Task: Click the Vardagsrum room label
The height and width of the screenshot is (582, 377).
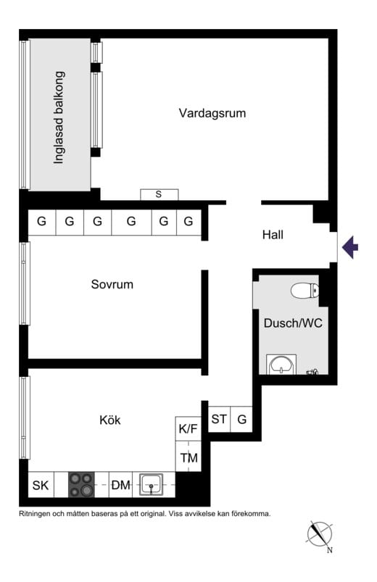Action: coord(212,113)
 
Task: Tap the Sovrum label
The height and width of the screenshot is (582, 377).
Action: coord(112,284)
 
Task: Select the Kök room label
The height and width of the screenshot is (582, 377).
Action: coord(110,420)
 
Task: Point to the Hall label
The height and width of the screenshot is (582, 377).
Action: coord(273,235)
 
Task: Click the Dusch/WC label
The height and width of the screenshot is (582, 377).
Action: coord(293,323)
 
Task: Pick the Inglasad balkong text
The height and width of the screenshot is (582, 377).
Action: coord(59,117)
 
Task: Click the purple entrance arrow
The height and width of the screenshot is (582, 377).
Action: coord(350,247)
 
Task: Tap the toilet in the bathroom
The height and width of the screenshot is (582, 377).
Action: coord(304,291)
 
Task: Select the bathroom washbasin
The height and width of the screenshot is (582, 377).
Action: coord(281,364)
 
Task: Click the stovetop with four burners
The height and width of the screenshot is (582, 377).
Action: coord(81,485)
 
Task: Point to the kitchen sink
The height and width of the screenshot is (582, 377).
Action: coord(152,484)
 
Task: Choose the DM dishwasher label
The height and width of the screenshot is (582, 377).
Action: coord(121,485)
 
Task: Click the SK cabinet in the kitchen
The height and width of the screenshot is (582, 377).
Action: coord(41,485)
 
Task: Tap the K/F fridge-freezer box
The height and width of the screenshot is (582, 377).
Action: coord(188,428)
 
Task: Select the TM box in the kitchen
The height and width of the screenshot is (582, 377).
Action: coord(188,457)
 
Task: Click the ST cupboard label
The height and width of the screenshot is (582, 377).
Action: coord(219,419)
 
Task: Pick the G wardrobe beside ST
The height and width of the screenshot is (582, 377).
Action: coord(242,419)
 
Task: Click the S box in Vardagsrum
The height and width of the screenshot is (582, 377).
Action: coord(159,194)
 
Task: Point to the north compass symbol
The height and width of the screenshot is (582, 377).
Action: coord(320,535)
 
